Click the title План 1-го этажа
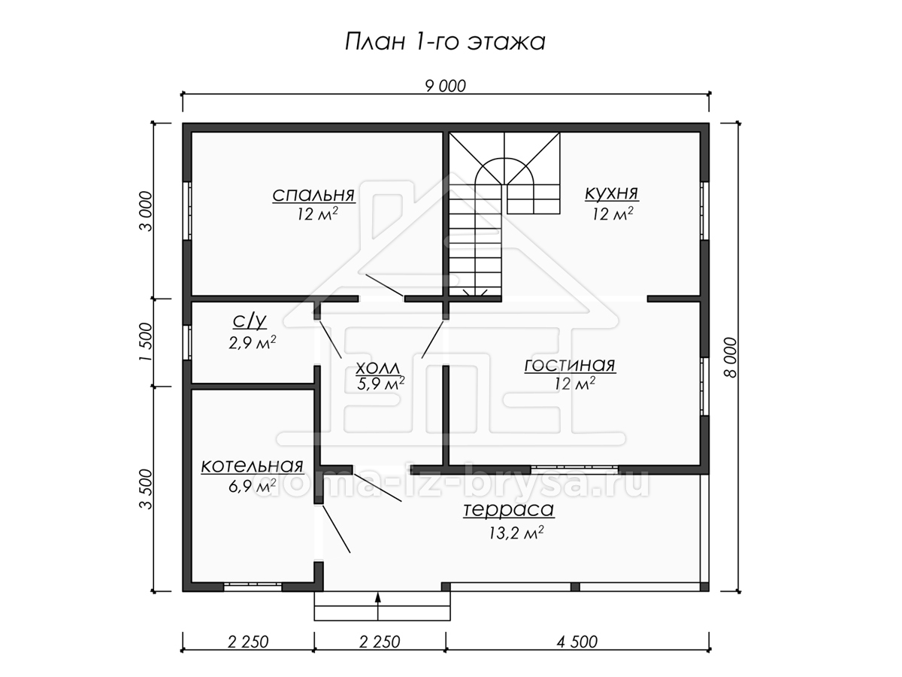[445, 42]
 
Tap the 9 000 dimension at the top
[446, 87]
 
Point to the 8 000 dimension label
[730, 357]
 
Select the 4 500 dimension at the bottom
[577, 642]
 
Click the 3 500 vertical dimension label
[146, 489]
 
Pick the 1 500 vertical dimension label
[146, 342]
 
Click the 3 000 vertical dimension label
[146, 211]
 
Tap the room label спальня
[313, 196]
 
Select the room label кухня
[612, 193]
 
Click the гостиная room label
[570, 365]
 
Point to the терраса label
[509, 510]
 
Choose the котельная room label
[252, 466]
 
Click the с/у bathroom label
[250, 321]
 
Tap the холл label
[377, 367]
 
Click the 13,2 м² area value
[516, 533]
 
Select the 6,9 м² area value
[252, 487]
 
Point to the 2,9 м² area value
[252, 343]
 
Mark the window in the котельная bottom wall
[253, 587]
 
